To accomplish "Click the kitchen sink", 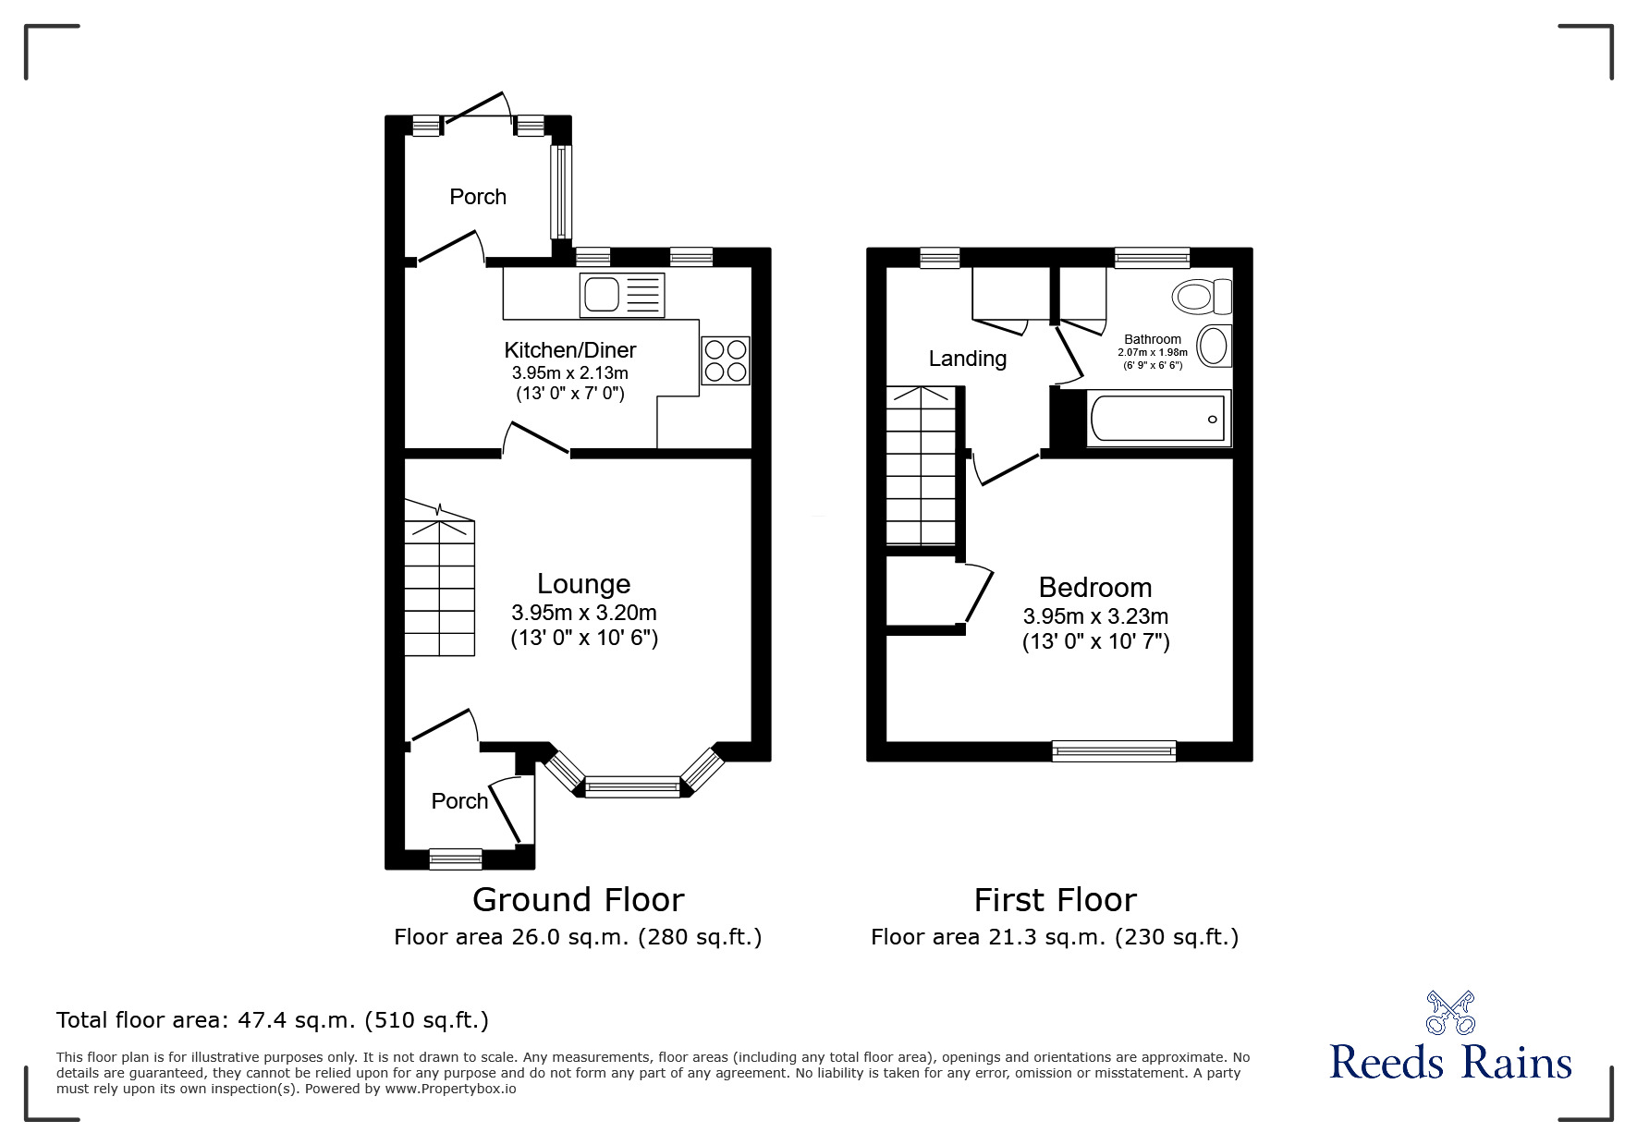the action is (622, 295).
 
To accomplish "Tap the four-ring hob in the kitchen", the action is (726, 359).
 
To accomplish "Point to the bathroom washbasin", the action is (1214, 347).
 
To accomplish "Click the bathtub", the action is (1160, 419).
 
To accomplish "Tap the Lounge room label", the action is (584, 584).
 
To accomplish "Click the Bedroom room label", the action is (1095, 588).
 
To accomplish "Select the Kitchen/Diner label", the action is (570, 350).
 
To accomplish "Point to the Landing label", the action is (968, 359).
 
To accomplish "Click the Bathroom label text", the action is (1153, 339).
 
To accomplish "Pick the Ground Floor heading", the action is (579, 899).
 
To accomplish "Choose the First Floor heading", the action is (1056, 899).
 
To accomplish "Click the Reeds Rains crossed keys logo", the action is (1451, 1012).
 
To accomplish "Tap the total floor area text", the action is (273, 1020).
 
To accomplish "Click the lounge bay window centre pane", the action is (633, 788).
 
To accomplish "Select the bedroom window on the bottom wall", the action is (1114, 751).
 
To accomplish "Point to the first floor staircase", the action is (921, 466).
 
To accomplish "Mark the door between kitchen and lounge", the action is (536, 439).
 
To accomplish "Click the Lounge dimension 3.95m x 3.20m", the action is (584, 613).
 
